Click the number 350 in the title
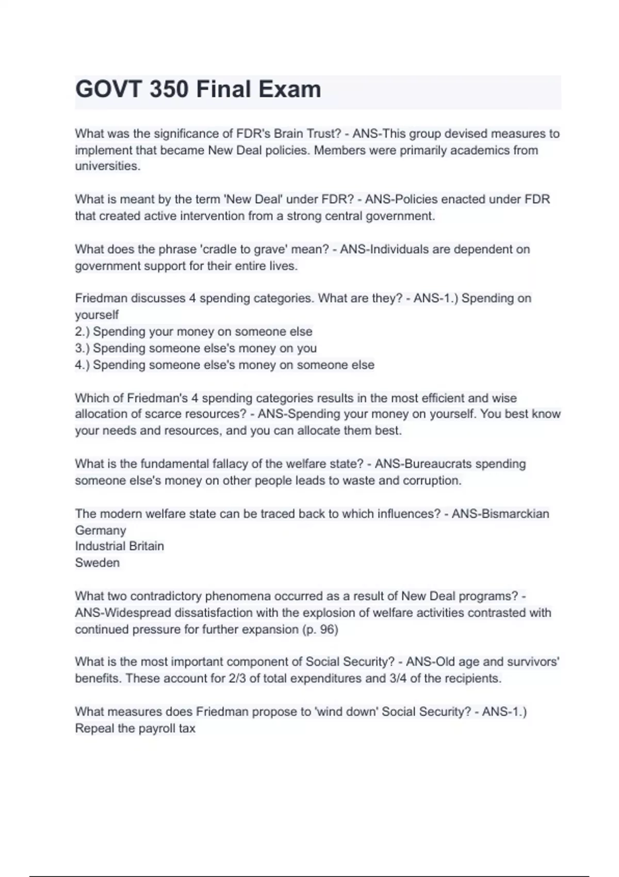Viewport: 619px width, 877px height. [169, 89]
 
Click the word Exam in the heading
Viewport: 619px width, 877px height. [289, 89]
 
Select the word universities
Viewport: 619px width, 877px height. [107, 166]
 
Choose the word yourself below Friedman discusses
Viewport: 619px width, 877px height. [96, 315]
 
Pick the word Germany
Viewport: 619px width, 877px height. [101, 530]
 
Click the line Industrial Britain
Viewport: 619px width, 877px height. [119, 546]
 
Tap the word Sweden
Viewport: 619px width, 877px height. [97, 562]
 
